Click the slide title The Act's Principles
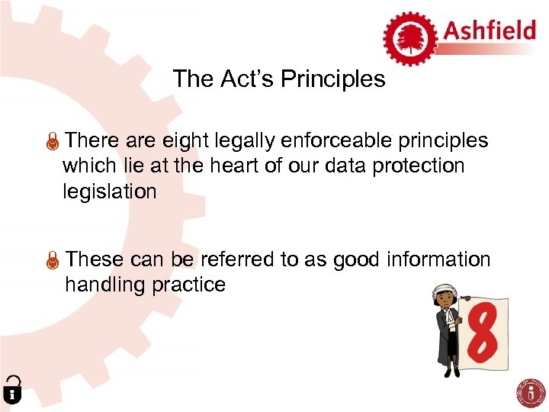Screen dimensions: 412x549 [x=279, y=79]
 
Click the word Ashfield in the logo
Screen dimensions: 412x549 [x=488, y=32]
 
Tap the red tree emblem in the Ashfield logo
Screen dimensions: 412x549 [x=410, y=36]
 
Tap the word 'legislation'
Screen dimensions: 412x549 [x=109, y=192]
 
